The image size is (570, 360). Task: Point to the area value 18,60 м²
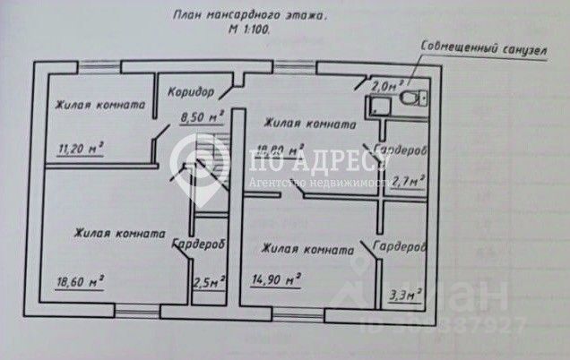(81, 281)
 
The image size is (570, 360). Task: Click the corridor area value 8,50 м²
(201, 116)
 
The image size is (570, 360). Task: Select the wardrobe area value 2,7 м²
(401, 180)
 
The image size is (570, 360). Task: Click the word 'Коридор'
(191, 92)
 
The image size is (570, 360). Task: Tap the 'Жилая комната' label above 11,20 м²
(98, 105)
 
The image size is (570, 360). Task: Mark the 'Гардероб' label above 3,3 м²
(398, 246)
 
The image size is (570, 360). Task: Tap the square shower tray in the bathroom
(377, 108)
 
